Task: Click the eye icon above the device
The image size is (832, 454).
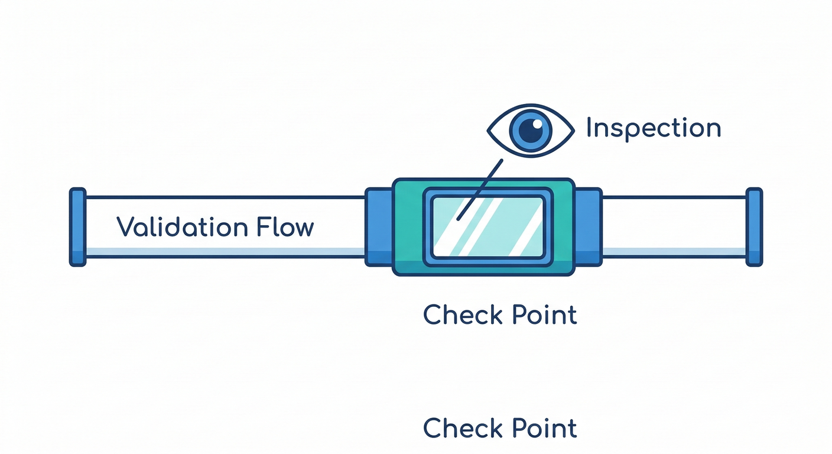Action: (x=530, y=131)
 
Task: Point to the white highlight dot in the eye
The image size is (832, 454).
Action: (x=538, y=124)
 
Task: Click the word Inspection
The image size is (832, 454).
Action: (x=653, y=128)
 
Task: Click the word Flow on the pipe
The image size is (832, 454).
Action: (x=285, y=227)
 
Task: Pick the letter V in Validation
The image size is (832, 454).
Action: (x=126, y=227)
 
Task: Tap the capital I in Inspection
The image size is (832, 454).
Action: (x=589, y=128)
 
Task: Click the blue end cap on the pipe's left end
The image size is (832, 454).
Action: (x=77, y=227)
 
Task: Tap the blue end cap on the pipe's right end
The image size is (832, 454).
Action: (x=754, y=227)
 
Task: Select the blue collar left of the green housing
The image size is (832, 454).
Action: (x=379, y=227)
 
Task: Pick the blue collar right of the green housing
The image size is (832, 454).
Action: (x=588, y=227)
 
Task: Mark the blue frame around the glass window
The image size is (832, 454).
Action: (x=428, y=227)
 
